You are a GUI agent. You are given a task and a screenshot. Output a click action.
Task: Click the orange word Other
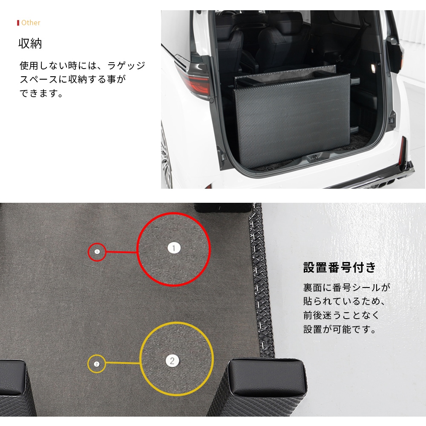(x=31, y=23)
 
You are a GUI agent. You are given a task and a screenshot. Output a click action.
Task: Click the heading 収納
(x=30, y=43)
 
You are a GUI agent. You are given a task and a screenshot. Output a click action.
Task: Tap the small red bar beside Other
(x=18, y=23)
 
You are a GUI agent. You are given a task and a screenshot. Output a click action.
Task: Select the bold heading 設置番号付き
(x=340, y=268)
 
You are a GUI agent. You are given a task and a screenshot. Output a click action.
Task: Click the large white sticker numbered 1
(x=174, y=248)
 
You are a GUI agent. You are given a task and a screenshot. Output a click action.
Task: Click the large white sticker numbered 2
(x=172, y=360)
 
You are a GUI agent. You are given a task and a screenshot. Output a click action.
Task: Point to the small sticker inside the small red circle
(x=97, y=252)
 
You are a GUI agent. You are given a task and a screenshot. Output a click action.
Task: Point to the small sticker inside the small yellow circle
(x=96, y=364)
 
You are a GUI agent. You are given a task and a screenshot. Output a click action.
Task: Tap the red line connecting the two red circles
(x=121, y=252)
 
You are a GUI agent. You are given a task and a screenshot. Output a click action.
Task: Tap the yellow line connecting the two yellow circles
(x=123, y=363)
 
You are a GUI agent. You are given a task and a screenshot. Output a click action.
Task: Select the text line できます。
(x=41, y=93)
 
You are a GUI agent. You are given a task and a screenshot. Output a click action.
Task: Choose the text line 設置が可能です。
(x=340, y=329)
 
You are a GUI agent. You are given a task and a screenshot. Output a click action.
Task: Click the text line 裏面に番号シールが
(x=347, y=288)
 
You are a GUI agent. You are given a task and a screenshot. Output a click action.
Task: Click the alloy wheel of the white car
(x=166, y=158)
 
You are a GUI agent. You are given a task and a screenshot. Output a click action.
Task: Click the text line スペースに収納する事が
(x=73, y=79)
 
